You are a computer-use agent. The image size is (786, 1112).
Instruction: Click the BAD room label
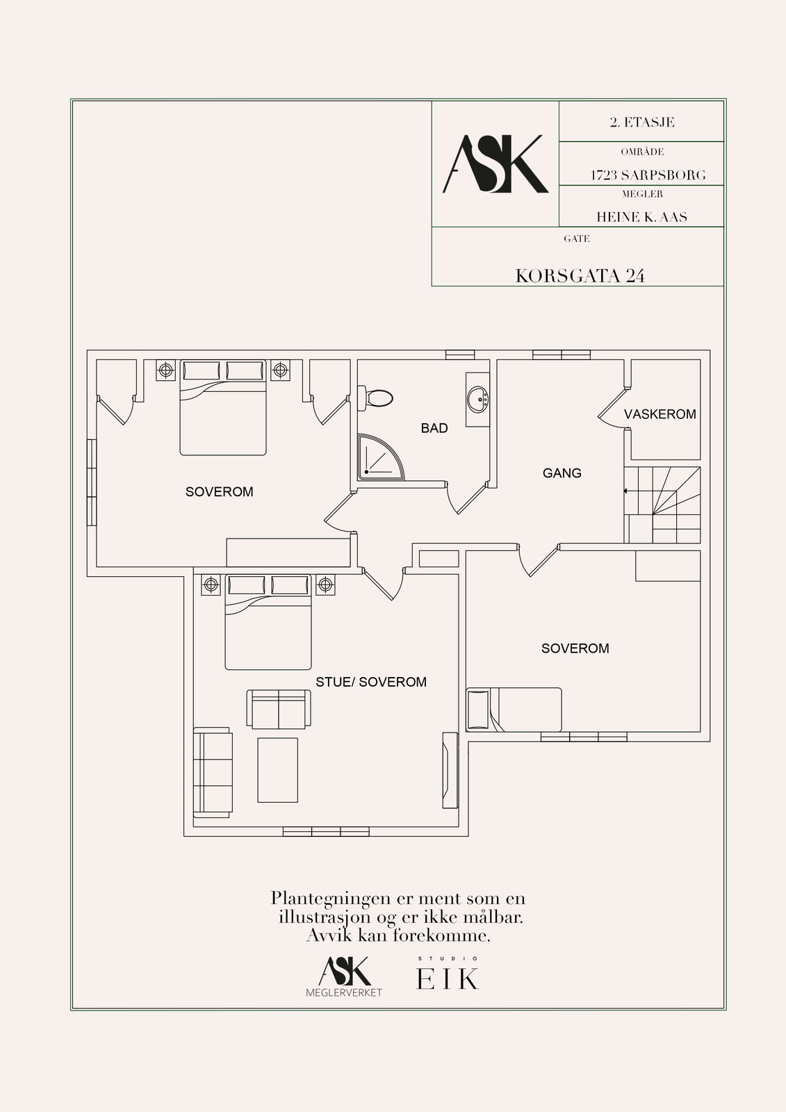point(434,428)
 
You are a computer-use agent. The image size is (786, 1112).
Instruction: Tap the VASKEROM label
point(660,414)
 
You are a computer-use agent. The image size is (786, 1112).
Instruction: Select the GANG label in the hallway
point(562,473)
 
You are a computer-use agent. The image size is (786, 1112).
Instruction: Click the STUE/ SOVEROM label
point(371,682)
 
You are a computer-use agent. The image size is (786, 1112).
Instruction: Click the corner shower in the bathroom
point(380,457)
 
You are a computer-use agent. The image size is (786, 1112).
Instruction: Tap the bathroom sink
point(477,399)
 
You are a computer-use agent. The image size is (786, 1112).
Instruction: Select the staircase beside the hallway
point(662,505)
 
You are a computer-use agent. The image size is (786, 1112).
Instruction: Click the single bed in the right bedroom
point(514,710)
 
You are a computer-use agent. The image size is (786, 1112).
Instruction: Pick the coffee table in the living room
point(278,770)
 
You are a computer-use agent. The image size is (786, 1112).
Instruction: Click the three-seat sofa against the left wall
point(212,772)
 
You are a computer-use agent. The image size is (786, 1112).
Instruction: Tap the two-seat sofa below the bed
point(279,709)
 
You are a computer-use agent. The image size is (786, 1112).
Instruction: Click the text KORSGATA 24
point(580,276)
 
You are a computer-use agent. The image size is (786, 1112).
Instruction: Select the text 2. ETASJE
point(642,122)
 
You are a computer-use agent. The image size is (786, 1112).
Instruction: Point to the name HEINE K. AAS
point(641,217)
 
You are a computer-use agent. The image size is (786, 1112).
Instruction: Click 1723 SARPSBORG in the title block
point(648,175)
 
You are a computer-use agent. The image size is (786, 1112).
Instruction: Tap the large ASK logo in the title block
point(495,164)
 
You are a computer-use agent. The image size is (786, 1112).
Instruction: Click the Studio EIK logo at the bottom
point(448,974)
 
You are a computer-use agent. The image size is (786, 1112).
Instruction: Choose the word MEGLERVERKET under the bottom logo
point(344,992)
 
